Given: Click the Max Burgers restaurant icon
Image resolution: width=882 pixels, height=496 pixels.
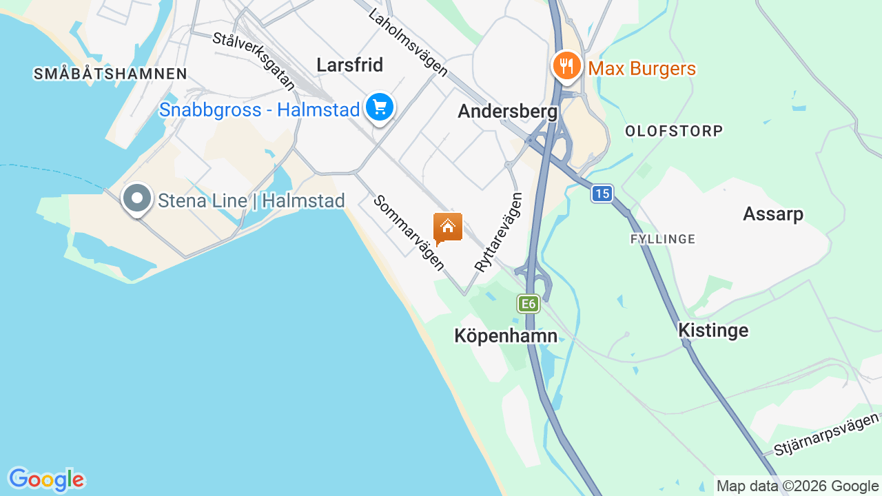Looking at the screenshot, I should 566,66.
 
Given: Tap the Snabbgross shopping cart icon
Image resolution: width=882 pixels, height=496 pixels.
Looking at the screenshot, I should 379,107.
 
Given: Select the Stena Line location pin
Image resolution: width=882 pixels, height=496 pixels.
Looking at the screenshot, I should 137,198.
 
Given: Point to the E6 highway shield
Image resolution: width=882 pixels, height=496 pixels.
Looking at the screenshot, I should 528,304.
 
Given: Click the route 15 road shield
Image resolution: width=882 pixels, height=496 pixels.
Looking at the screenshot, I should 602,194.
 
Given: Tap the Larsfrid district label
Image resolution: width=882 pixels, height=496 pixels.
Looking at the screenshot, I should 349,65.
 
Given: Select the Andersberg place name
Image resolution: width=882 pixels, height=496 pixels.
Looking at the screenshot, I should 507,111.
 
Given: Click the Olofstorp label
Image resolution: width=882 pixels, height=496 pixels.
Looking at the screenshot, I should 674,131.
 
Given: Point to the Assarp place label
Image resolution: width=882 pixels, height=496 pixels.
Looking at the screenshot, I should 773,214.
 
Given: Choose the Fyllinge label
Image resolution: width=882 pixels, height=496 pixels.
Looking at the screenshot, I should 663,239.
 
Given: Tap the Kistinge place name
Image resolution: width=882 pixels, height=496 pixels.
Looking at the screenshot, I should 713,330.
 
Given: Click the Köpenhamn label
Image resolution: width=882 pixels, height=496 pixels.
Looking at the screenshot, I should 506,335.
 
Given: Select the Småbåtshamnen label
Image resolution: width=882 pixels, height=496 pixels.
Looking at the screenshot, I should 110,74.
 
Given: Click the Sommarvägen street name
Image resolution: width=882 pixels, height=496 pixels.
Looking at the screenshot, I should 409,233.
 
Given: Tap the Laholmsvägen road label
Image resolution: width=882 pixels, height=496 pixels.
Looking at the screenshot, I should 408,43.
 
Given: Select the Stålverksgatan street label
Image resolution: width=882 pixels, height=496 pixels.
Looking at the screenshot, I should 254,61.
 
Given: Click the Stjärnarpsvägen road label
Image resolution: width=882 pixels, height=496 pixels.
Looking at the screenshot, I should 827,434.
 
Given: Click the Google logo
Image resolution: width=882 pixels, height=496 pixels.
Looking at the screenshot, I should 46,479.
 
